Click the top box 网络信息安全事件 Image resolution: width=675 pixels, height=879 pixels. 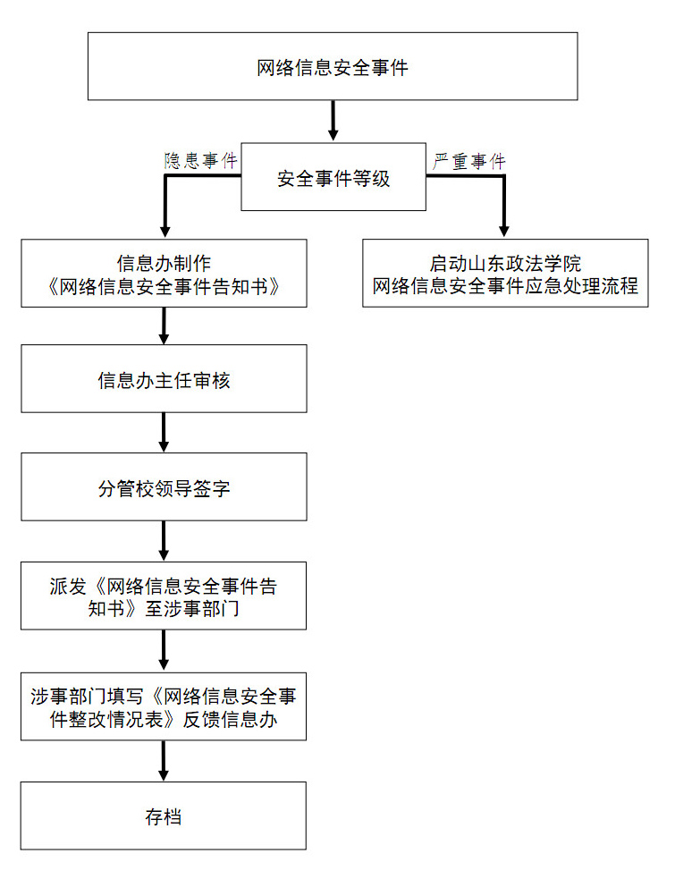click(333, 66)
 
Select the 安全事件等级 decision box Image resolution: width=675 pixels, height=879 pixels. click(333, 176)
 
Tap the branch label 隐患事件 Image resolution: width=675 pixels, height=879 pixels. click(200, 161)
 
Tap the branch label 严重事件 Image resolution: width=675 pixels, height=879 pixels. click(469, 162)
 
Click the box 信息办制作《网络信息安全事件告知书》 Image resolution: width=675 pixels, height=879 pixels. click(164, 273)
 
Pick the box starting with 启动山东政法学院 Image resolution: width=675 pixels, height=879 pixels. click(505, 273)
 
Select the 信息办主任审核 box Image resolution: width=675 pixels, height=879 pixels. click(164, 378)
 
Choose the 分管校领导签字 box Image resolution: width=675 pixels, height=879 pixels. click(164, 486)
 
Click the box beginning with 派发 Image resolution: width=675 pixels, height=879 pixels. click(164, 596)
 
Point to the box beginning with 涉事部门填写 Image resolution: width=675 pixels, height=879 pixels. click(164, 706)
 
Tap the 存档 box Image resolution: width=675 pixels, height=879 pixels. click(164, 816)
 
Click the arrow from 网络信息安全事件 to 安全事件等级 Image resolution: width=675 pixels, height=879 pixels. click(333, 121)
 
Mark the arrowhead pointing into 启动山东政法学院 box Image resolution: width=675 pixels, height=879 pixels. click(504, 231)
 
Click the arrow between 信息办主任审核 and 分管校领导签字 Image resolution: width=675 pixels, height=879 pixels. click(164, 432)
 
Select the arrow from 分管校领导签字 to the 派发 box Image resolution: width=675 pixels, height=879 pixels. click(164, 541)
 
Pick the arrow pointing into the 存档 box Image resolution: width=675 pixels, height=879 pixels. click(164, 761)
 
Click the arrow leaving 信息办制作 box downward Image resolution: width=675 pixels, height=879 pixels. click(164, 325)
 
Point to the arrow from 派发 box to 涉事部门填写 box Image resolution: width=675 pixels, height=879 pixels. click(164, 650)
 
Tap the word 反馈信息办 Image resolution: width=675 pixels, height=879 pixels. click(230, 719)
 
